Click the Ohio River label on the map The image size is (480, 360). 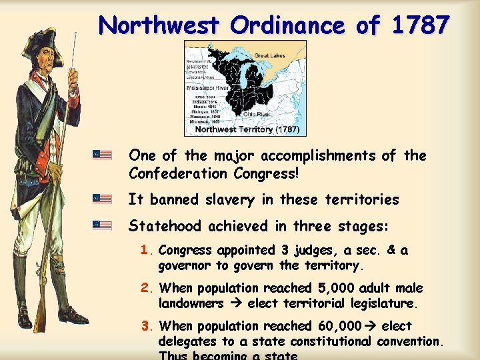click(x=256, y=114)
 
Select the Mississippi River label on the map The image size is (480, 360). click(x=208, y=87)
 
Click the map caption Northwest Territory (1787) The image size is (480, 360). click(x=247, y=129)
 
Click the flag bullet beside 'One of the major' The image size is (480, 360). click(x=102, y=155)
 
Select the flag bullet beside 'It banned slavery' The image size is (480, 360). click(x=102, y=199)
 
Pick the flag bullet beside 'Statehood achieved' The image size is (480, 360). click(x=102, y=225)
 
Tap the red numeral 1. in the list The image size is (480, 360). click(x=147, y=251)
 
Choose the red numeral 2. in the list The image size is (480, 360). click(x=147, y=289)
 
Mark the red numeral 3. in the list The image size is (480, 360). click(x=147, y=326)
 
